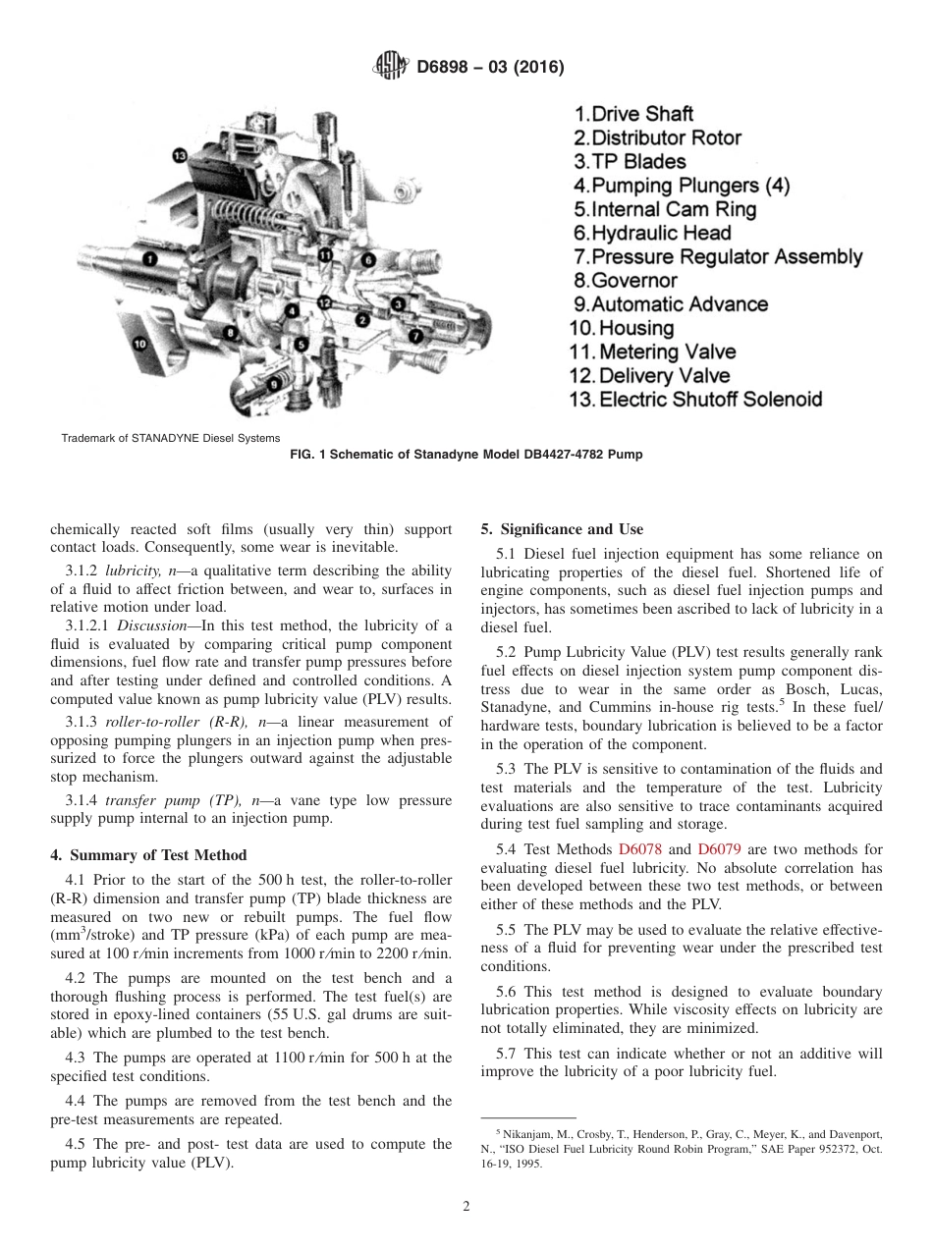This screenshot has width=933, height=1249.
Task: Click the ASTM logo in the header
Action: [x=390, y=67]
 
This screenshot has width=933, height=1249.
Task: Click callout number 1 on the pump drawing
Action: [x=149, y=258]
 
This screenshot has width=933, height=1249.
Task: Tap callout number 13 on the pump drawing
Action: [x=179, y=155]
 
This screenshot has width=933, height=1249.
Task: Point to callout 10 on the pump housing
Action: [x=139, y=343]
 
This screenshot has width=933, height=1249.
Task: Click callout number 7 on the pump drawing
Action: [x=415, y=335]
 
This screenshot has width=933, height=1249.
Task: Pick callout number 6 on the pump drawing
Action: [x=368, y=259]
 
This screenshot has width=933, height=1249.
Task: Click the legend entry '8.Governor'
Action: [x=626, y=281]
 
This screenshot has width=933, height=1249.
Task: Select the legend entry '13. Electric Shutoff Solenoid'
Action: [x=695, y=400]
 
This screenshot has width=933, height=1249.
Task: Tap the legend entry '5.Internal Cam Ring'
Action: [x=665, y=209]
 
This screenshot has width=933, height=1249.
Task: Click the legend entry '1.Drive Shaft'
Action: [x=633, y=114]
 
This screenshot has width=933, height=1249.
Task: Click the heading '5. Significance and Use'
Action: [x=562, y=530]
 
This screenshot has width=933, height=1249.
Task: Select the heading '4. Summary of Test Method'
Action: [x=148, y=854]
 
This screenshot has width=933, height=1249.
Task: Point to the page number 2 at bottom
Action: [x=466, y=1207]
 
